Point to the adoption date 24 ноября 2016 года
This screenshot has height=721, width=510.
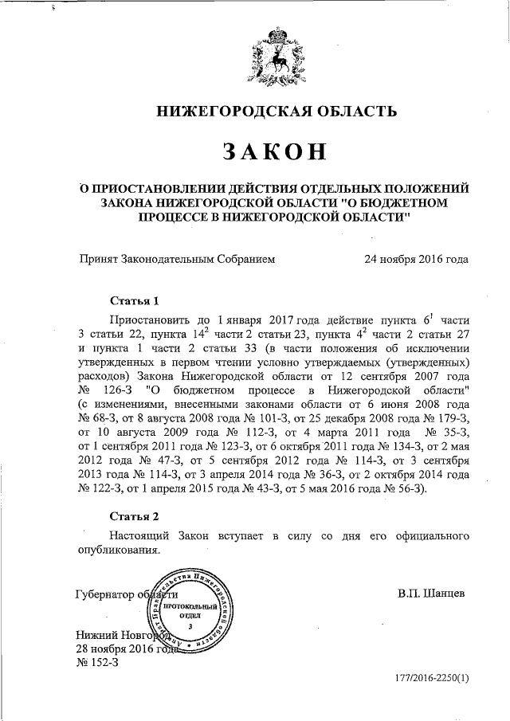(x=416, y=258)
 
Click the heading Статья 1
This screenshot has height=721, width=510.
(x=135, y=300)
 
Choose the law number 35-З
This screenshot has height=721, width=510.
(x=451, y=419)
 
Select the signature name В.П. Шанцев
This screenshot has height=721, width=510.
(x=430, y=594)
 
